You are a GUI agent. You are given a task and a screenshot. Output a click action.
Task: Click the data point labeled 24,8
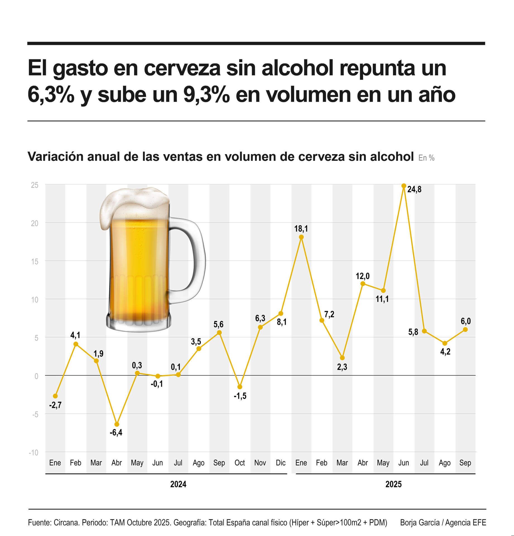403,186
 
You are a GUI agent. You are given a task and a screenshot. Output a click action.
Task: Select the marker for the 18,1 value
301,237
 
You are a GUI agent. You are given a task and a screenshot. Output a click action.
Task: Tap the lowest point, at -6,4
117,424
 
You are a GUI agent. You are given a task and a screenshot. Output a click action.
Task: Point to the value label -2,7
55,405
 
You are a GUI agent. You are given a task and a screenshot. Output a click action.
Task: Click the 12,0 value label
362,276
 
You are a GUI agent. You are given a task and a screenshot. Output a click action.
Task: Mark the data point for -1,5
240,387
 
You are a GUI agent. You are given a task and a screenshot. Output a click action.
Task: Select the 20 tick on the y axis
35,223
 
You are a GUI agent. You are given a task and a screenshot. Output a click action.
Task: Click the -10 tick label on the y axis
33,453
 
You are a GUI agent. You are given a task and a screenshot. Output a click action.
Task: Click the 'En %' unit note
426,158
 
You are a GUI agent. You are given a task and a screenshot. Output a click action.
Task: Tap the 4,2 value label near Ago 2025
445,352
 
